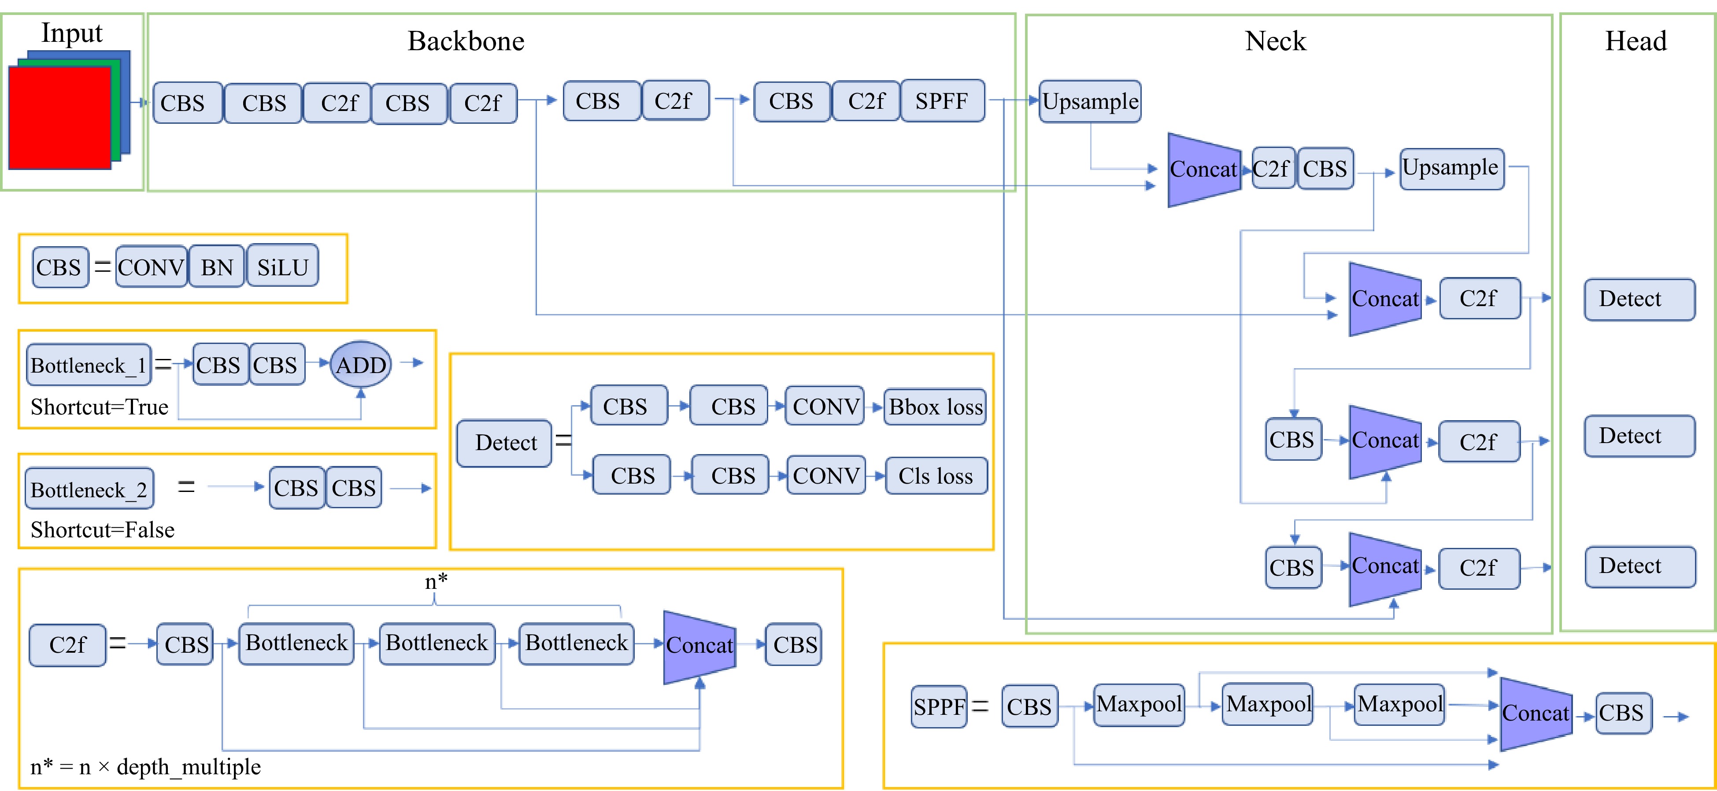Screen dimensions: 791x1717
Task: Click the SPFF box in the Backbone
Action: (x=942, y=101)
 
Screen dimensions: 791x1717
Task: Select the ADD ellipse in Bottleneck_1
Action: (x=361, y=365)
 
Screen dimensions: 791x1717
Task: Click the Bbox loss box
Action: (x=935, y=407)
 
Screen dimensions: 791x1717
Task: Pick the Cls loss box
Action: (x=935, y=476)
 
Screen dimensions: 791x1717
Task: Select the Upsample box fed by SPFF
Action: (x=1090, y=101)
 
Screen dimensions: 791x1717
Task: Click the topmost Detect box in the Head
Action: (x=1639, y=299)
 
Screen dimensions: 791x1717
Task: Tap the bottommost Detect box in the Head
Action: (x=1639, y=566)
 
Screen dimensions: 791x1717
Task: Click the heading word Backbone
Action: (x=466, y=41)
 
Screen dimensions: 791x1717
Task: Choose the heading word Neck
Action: (x=1275, y=41)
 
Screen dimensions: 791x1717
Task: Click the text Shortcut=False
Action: (x=103, y=530)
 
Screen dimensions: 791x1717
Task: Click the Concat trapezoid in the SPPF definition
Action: (x=1535, y=713)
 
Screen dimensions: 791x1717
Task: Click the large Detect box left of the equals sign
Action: (x=504, y=443)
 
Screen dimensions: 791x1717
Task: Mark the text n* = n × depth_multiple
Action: (x=145, y=767)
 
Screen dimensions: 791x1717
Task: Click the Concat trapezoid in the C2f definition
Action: (x=699, y=645)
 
